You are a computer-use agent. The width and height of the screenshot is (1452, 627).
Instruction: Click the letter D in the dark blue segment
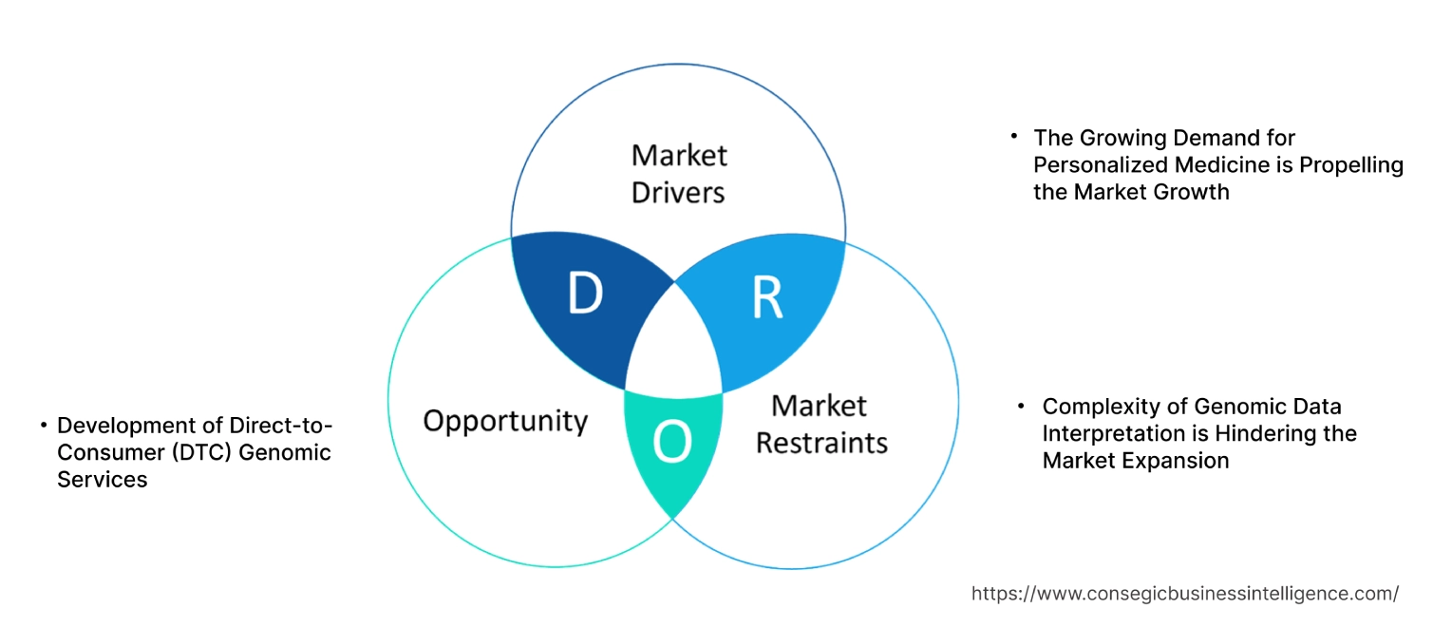click(585, 295)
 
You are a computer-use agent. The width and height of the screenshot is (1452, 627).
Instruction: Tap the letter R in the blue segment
click(767, 297)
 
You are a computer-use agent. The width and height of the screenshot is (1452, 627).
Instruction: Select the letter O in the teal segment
click(672, 443)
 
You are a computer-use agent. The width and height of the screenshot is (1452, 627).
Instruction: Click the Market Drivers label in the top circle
click(678, 173)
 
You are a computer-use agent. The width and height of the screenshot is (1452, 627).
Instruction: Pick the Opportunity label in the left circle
click(505, 421)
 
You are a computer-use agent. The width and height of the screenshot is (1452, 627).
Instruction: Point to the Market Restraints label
click(821, 424)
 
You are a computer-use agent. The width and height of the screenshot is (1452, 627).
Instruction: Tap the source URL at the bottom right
click(1184, 593)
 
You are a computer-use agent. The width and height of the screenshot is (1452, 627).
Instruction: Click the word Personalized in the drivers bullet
click(1091, 164)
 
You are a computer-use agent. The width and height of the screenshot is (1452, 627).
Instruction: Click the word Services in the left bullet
click(103, 480)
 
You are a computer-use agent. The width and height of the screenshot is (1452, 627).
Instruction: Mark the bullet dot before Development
click(44, 425)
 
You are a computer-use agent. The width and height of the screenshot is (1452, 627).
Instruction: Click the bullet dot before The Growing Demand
click(1013, 137)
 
